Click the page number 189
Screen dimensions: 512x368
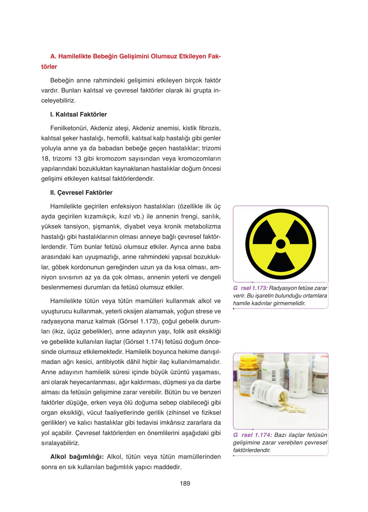pyautogui.click(x=185, y=483)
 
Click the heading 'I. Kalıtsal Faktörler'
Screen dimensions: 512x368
pyautogui.click(x=78, y=115)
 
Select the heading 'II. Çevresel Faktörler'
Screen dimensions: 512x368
pyautogui.click(x=81, y=193)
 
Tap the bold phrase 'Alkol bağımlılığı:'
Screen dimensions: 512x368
pyautogui.click(x=77, y=457)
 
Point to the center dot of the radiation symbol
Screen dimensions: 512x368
pyautogui.click(x=281, y=244)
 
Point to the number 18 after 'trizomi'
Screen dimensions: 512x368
pyautogui.click(x=45, y=158)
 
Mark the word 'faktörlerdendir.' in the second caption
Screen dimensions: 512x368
pyautogui.click(x=252, y=450)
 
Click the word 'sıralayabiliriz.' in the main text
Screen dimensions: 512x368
pyautogui.click(x=60, y=443)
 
